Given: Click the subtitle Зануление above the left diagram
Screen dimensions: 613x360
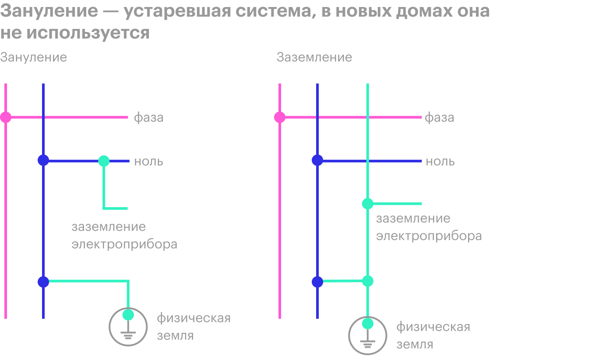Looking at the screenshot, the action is tap(33, 57).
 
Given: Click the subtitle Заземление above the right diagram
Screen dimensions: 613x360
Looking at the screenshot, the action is tap(314, 57).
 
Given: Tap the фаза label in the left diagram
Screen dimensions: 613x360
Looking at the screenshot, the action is tap(148, 118).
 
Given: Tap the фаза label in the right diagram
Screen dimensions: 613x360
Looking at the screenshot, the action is tap(439, 118).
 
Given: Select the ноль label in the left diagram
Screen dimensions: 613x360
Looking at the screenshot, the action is tap(148, 162).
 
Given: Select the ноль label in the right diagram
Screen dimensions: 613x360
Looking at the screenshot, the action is tap(440, 162).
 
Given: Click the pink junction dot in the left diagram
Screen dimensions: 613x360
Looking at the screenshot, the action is tap(5, 117).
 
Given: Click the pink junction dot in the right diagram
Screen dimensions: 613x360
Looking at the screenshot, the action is tap(280, 117).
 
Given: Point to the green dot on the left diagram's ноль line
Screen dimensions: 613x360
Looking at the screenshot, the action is tap(104, 161).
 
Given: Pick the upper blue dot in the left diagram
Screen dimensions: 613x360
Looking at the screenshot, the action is tap(43, 160).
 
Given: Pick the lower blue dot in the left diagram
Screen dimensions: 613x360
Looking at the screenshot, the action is tap(43, 282).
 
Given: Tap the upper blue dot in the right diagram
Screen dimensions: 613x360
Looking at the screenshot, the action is tap(317, 160).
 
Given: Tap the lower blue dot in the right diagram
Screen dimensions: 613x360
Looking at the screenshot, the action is tap(317, 282).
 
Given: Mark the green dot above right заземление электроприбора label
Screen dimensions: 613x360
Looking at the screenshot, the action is tap(367, 204).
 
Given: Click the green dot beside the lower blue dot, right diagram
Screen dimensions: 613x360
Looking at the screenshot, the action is tap(367, 281).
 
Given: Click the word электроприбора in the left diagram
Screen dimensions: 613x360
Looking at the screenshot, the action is tap(124, 244).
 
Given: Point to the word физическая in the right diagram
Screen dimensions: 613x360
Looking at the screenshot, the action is tap(433, 327).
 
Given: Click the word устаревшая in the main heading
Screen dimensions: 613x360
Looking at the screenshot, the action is tap(177, 11).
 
